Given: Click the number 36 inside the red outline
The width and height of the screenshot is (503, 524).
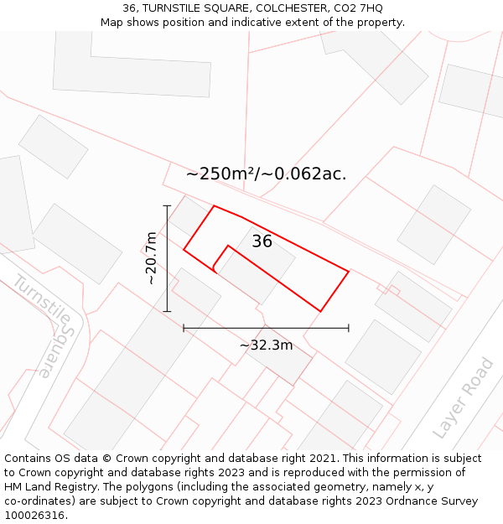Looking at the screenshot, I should pyautogui.click(x=262, y=241).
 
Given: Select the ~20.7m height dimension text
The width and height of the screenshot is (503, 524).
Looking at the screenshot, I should pyautogui.click(x=151, y=257).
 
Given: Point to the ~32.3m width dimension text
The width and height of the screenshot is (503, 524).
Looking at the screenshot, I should pyautogui.click(x=266, y=345).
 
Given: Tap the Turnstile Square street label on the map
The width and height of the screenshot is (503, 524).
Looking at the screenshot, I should pyautogui.click(x=47, y=323).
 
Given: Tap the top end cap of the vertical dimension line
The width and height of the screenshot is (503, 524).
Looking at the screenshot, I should pyautogui.click(x=167, y=205).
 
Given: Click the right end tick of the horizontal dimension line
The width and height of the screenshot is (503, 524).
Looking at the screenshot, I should pyautogui.click(x=349, y=328).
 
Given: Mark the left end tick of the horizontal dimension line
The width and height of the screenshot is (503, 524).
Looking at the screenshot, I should pyautogui.click(x=184, y=328).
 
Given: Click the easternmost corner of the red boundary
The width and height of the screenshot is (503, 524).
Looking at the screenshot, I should pyautogui.click(x=349, y=271).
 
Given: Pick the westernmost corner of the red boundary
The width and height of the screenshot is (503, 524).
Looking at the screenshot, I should pyautogui.click(x=184, y=249).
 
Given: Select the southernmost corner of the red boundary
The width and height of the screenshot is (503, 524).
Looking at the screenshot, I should pyautogui.click(x=320, y=312).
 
